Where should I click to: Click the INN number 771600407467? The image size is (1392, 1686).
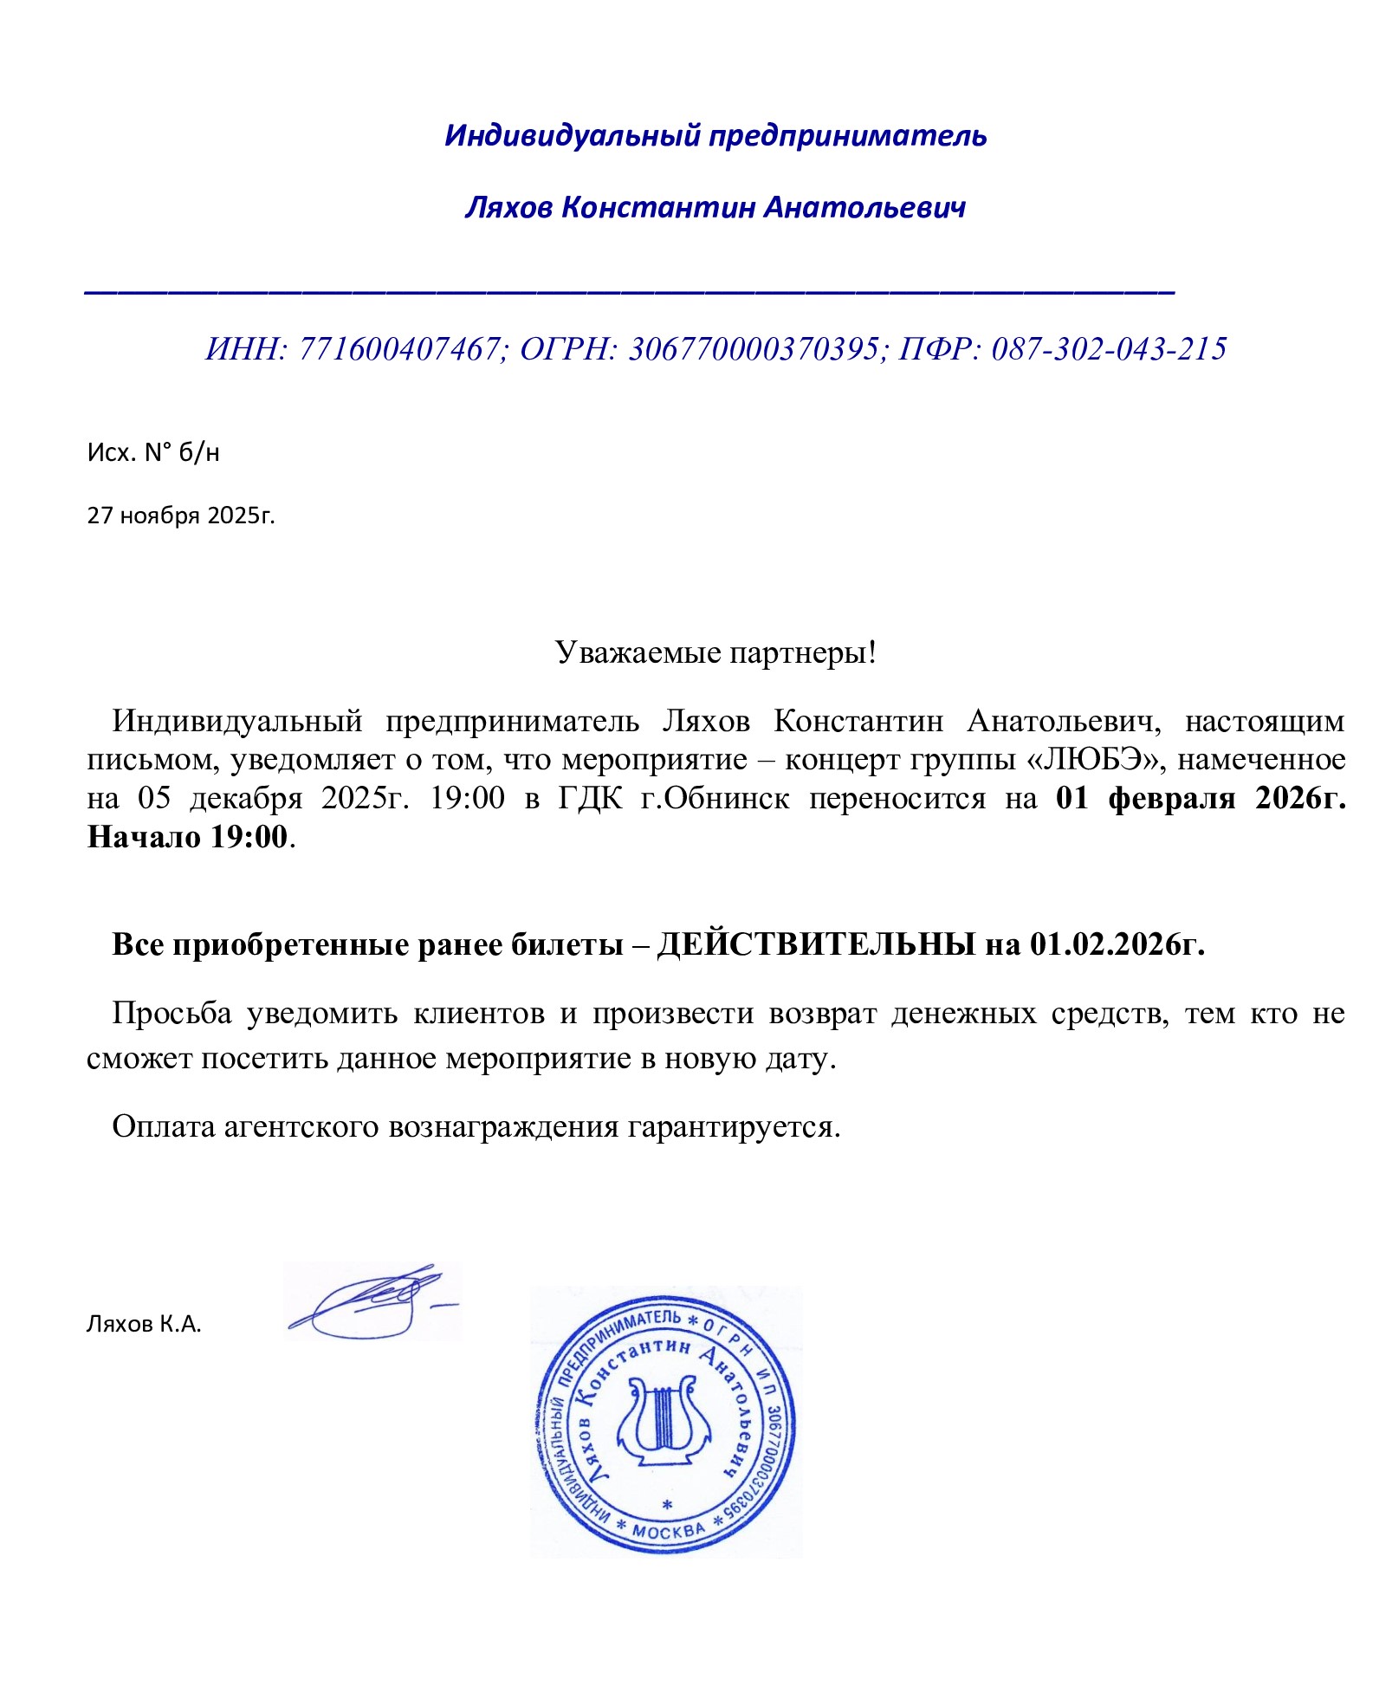tap(399, 349)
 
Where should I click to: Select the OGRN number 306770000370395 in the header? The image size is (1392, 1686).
tap(753, 349)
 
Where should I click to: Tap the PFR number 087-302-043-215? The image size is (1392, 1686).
tap(1109, 349)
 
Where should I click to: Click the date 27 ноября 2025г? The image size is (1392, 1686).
tap(181, 516)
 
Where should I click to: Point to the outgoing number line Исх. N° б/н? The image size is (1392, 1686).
tap(153, 452)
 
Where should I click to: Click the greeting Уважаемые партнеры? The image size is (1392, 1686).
tap(715, 652)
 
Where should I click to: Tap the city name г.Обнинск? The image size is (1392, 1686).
tap(715, 798)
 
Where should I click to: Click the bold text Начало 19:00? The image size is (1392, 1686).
tap(187, 837)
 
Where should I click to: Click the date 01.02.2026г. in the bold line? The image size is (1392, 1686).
tap(1117, 944)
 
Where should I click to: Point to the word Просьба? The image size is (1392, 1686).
tap(172, 1013)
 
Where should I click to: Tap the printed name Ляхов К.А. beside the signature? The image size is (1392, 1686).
tap(144, 1324)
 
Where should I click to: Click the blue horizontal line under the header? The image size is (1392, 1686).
tap(629, 294)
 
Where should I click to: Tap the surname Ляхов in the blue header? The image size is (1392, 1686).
tap(508, 208)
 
